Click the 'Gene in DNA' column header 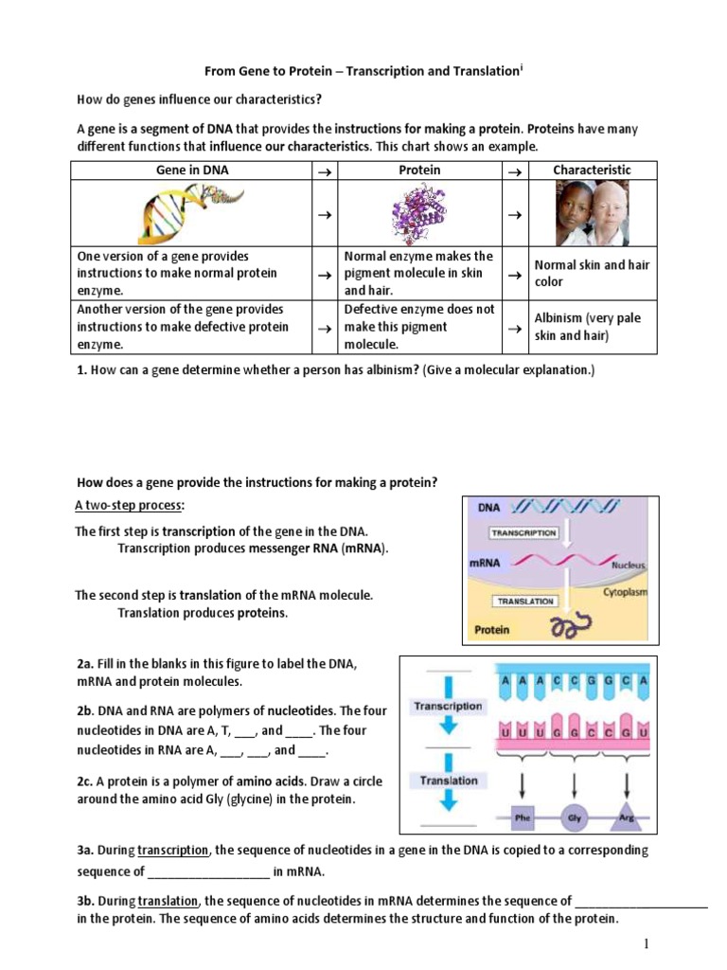coord(192,171)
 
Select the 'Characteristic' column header coord(592,171)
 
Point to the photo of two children coord(592,213)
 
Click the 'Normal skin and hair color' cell coord(592,274)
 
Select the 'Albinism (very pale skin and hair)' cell coord(592,327)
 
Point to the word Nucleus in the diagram coord(628,565)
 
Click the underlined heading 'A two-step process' coord(130,506)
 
